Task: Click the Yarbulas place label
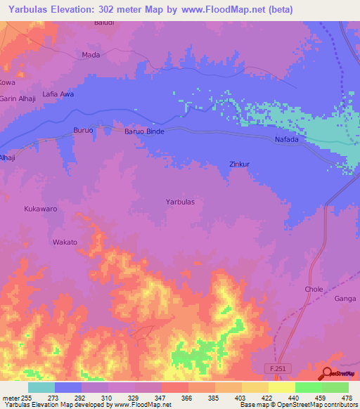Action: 180,202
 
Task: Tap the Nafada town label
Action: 285,140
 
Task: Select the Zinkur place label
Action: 240,165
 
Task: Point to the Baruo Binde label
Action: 144,131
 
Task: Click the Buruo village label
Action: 84,131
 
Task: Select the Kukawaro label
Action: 39,209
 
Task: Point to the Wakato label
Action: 65,242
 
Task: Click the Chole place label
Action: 314,289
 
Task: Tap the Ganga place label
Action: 345,299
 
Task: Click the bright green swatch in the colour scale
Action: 308,387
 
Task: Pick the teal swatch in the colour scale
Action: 41,387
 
